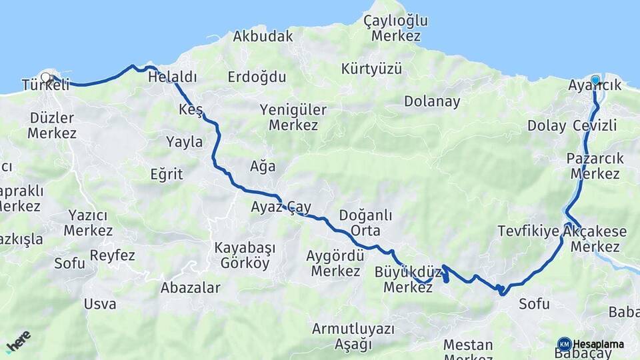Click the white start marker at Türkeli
pyautogui.click(x=46, y=77)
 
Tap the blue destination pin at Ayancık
pyautogui.click(x=595, y=80)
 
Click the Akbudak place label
pyautogui.click(x=263, y=37)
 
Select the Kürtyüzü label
pyautogui.click(x=371, y=69)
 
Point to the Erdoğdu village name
pyautogui.click(x=257, y=77)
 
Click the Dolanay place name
pyautogui.click(x=432, y=101)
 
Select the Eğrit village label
pyautogui.click(x=167, y=174)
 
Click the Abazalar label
pyautogui.click(x=191, y=288)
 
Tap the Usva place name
pyautogui.click(x=100, y=304)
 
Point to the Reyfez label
pyautogui.click(x=113, y=255)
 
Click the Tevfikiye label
pyautogui.click(x=528, y=231)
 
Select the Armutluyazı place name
pyautogui.click(x=353, y=329)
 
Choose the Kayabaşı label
pyautogui.click(x=245, y=247)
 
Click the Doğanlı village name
pyautogui.click(x=365, y=215)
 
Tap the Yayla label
pyautogui.click(x=184, y=141)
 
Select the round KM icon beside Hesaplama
pyautogui.click(x=564, y=344)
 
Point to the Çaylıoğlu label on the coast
pyautogui.click(x=396, y=21)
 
